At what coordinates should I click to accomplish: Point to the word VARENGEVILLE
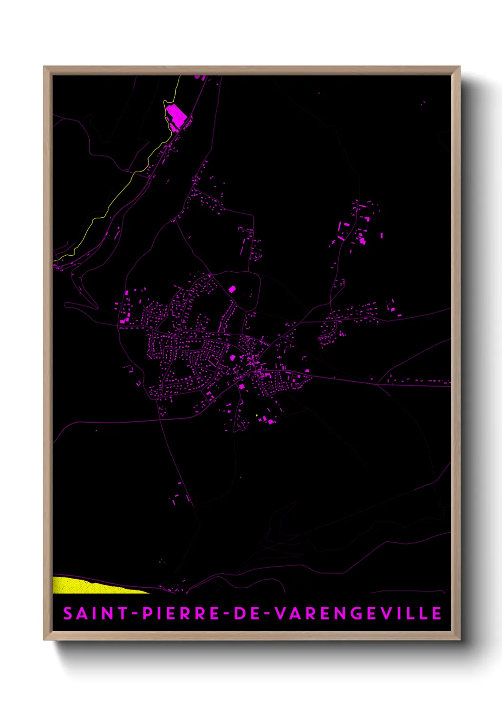(359, 613)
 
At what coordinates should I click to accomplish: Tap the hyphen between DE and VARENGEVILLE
(266, 614)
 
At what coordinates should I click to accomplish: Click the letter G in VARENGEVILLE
(359, 613)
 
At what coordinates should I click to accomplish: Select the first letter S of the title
(68, 613)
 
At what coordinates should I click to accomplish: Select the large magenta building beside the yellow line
(176, 114)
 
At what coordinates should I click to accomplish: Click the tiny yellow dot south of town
(257, 416)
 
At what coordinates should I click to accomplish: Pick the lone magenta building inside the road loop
(232, 288)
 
